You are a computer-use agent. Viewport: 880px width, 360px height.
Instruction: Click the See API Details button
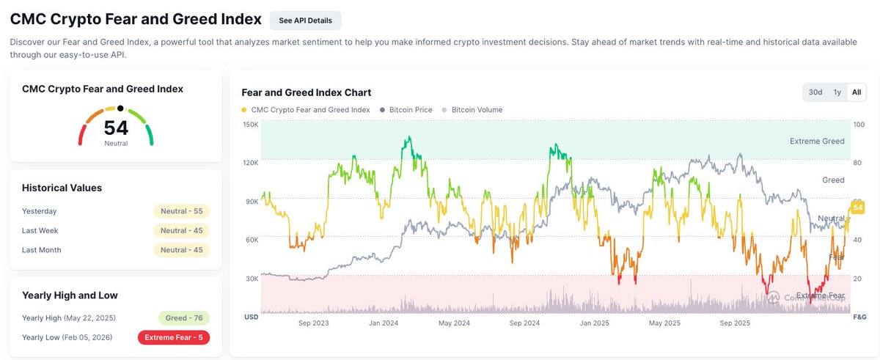[x=305, y=21]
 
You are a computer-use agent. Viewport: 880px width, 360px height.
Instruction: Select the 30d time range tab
[x=815, y=92]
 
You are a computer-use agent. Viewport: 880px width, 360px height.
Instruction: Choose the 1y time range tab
[x=837, y=92]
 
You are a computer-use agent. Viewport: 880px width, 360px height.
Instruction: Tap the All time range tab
[x=857, y=92]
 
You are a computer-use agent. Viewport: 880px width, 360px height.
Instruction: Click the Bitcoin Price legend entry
[x=407, y=110]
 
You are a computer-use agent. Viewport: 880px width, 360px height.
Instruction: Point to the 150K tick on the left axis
[x=250, y=125]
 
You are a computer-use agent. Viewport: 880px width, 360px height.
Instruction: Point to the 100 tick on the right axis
[x=859, y=125]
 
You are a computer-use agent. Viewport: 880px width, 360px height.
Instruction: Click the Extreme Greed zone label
[x=817, y=142]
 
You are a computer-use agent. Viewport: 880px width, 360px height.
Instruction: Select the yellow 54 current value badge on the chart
[x=856, y=210]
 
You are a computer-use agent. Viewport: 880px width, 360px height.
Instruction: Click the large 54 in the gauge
[x=116, y=128]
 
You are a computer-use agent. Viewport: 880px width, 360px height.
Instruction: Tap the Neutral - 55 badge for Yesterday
[x=181, y=211]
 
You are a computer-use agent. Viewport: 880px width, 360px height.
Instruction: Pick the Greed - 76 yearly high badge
[x=184, y=318]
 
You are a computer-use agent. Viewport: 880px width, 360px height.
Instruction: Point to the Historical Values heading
[x=62, y=188]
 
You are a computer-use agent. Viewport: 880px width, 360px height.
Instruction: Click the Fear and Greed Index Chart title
[x=306, y=92]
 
